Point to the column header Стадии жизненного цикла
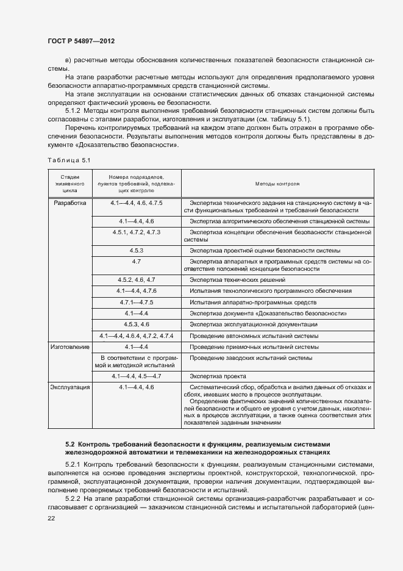[x=69, y=182]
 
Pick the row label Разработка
[x=70, y=202]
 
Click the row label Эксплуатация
[x=70, y=387]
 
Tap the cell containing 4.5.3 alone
[x=136, y=250]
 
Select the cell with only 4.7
[x=136, y=261]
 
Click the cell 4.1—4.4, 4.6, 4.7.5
[x=136, y=202]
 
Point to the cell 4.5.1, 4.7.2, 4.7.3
[x=136, y=232]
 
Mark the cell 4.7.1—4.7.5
[x=136, y=302]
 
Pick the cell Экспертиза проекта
[x=218, y=376]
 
